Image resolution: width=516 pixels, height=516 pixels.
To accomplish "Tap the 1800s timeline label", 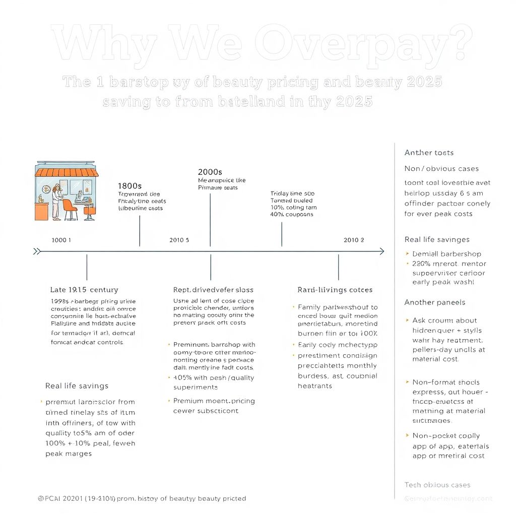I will coord(130,185).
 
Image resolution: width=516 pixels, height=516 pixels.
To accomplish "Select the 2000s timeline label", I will coord(210,172).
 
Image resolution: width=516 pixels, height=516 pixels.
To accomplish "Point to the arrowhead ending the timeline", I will coord(381,251).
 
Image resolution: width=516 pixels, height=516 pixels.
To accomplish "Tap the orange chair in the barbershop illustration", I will coord(70,207).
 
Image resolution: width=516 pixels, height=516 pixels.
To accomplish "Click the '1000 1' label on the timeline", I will coord(61,240).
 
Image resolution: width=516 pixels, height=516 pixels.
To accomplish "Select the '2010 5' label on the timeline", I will coord(179,240).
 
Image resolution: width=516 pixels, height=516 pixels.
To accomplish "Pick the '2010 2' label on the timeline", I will coord(354,240).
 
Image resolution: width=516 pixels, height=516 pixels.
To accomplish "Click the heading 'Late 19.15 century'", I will coord(84,290).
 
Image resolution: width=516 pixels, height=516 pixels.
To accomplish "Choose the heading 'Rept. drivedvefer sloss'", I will coord(213,290).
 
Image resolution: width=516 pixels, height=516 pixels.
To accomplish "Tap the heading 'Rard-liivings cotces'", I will coord(335,290).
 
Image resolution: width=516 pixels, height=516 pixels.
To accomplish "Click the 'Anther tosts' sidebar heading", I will coord(429,152).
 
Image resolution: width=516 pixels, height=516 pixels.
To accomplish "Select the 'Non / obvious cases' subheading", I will coord(441,168).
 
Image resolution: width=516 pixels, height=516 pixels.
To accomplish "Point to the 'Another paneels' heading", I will coord(435,302).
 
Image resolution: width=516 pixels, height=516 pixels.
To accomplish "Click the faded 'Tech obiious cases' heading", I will coord(437,485).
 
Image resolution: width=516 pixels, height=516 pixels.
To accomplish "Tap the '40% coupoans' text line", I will coord(292,214).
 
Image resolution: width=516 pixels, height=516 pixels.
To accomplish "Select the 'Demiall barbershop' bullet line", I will coord(446,254).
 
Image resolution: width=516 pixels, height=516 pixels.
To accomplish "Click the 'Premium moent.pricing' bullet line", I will coord(214,401).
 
